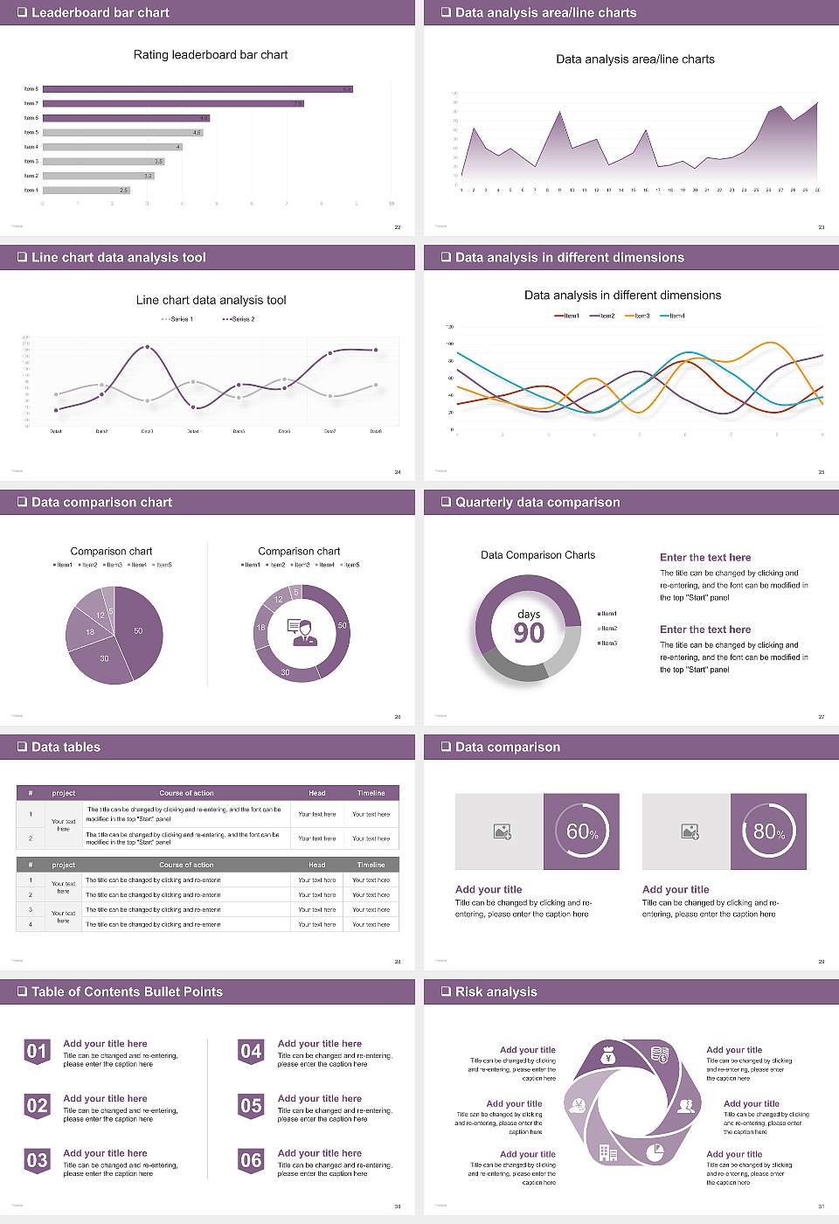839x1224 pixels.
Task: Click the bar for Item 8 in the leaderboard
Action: click(198, 89)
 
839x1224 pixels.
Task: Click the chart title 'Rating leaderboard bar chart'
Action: click(210, 54)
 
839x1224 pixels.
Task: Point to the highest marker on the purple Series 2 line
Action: click(147, 347)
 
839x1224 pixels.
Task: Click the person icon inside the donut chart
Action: click(302, 632)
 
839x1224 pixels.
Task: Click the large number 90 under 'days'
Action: click(529, 633)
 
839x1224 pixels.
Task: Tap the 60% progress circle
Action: click(581, 831)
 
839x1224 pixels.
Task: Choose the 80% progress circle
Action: click(768, 831)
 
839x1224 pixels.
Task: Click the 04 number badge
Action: click(251, 1052)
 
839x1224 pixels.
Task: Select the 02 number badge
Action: click(37, 1107)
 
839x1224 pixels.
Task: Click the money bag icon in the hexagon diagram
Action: click(609, 1057)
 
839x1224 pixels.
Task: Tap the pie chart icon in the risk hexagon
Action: click(655, 1152)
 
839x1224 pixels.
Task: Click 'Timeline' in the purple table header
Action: click(371, 793)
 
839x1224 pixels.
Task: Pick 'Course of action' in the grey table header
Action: click(186, 865)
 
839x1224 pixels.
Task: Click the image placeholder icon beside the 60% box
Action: click(502, 831)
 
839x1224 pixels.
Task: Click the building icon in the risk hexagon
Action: click(607, 1152)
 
